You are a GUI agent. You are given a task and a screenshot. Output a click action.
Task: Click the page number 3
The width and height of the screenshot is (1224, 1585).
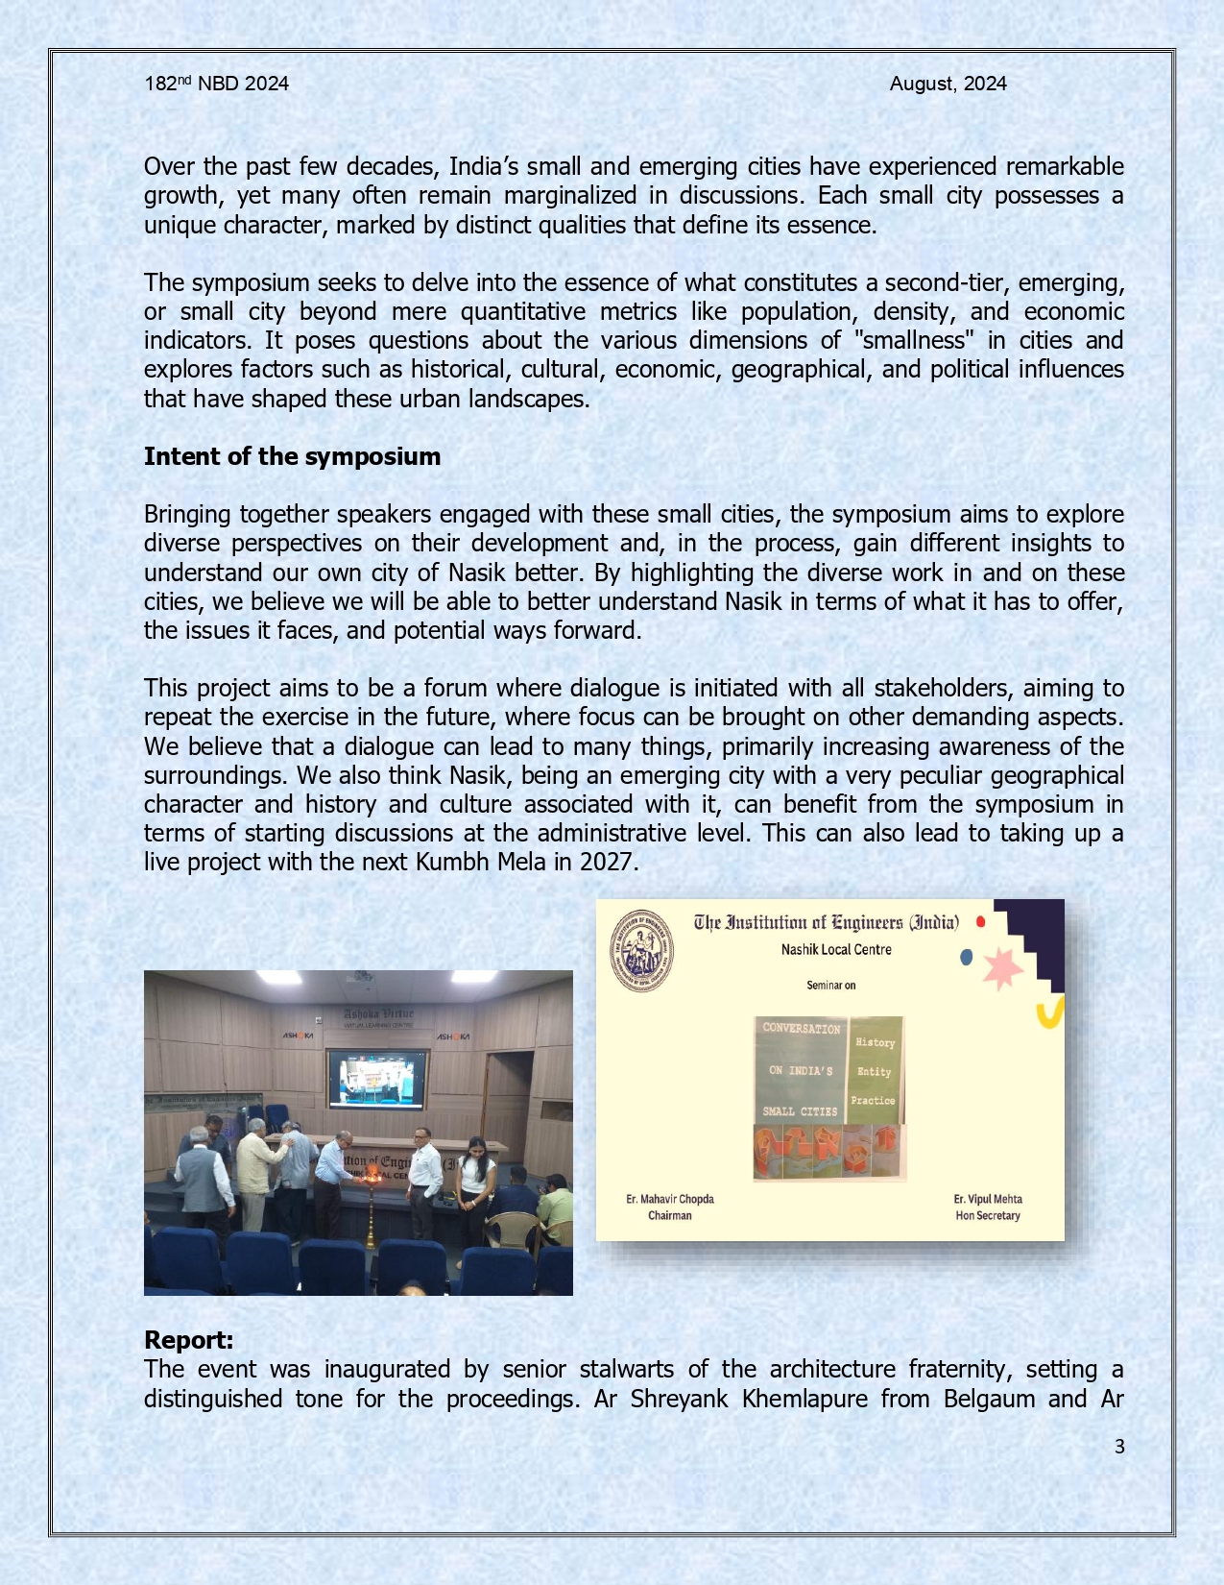tap(1118, 1447)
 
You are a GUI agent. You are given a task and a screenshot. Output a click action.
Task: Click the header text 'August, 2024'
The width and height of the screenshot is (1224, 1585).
tap(948, 84)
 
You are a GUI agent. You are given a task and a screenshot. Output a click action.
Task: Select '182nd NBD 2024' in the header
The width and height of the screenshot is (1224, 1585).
tap(216, 84)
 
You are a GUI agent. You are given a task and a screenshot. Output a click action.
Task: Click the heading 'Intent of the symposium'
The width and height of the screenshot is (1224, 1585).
tap(292, 456)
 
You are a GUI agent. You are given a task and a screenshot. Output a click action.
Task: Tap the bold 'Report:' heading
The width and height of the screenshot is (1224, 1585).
tap(188, 1340)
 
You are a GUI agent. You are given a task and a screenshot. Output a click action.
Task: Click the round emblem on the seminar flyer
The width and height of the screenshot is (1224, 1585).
tap(642, 950)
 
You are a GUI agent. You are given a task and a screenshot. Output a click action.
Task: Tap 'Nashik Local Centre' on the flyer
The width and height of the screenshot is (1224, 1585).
tap(835, 949)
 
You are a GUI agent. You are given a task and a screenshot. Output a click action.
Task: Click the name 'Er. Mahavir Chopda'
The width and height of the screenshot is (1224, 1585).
tap(669, 1199)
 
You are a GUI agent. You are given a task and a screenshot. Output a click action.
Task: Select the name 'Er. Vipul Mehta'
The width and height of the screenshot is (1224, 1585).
tap(987, 1199)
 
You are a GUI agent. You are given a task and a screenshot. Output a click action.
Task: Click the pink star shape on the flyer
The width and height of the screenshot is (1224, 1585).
tap(1002, 968)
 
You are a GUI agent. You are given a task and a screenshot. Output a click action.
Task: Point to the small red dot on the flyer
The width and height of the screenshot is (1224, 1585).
tap(980, 922)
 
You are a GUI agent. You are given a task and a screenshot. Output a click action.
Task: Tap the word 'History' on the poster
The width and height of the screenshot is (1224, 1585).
tap(875, 1042)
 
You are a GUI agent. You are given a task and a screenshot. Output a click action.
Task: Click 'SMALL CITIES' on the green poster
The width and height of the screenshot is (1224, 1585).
tap(800, 1111)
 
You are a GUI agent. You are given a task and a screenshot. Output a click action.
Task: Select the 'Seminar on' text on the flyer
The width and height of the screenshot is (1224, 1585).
tap(830, 985)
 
